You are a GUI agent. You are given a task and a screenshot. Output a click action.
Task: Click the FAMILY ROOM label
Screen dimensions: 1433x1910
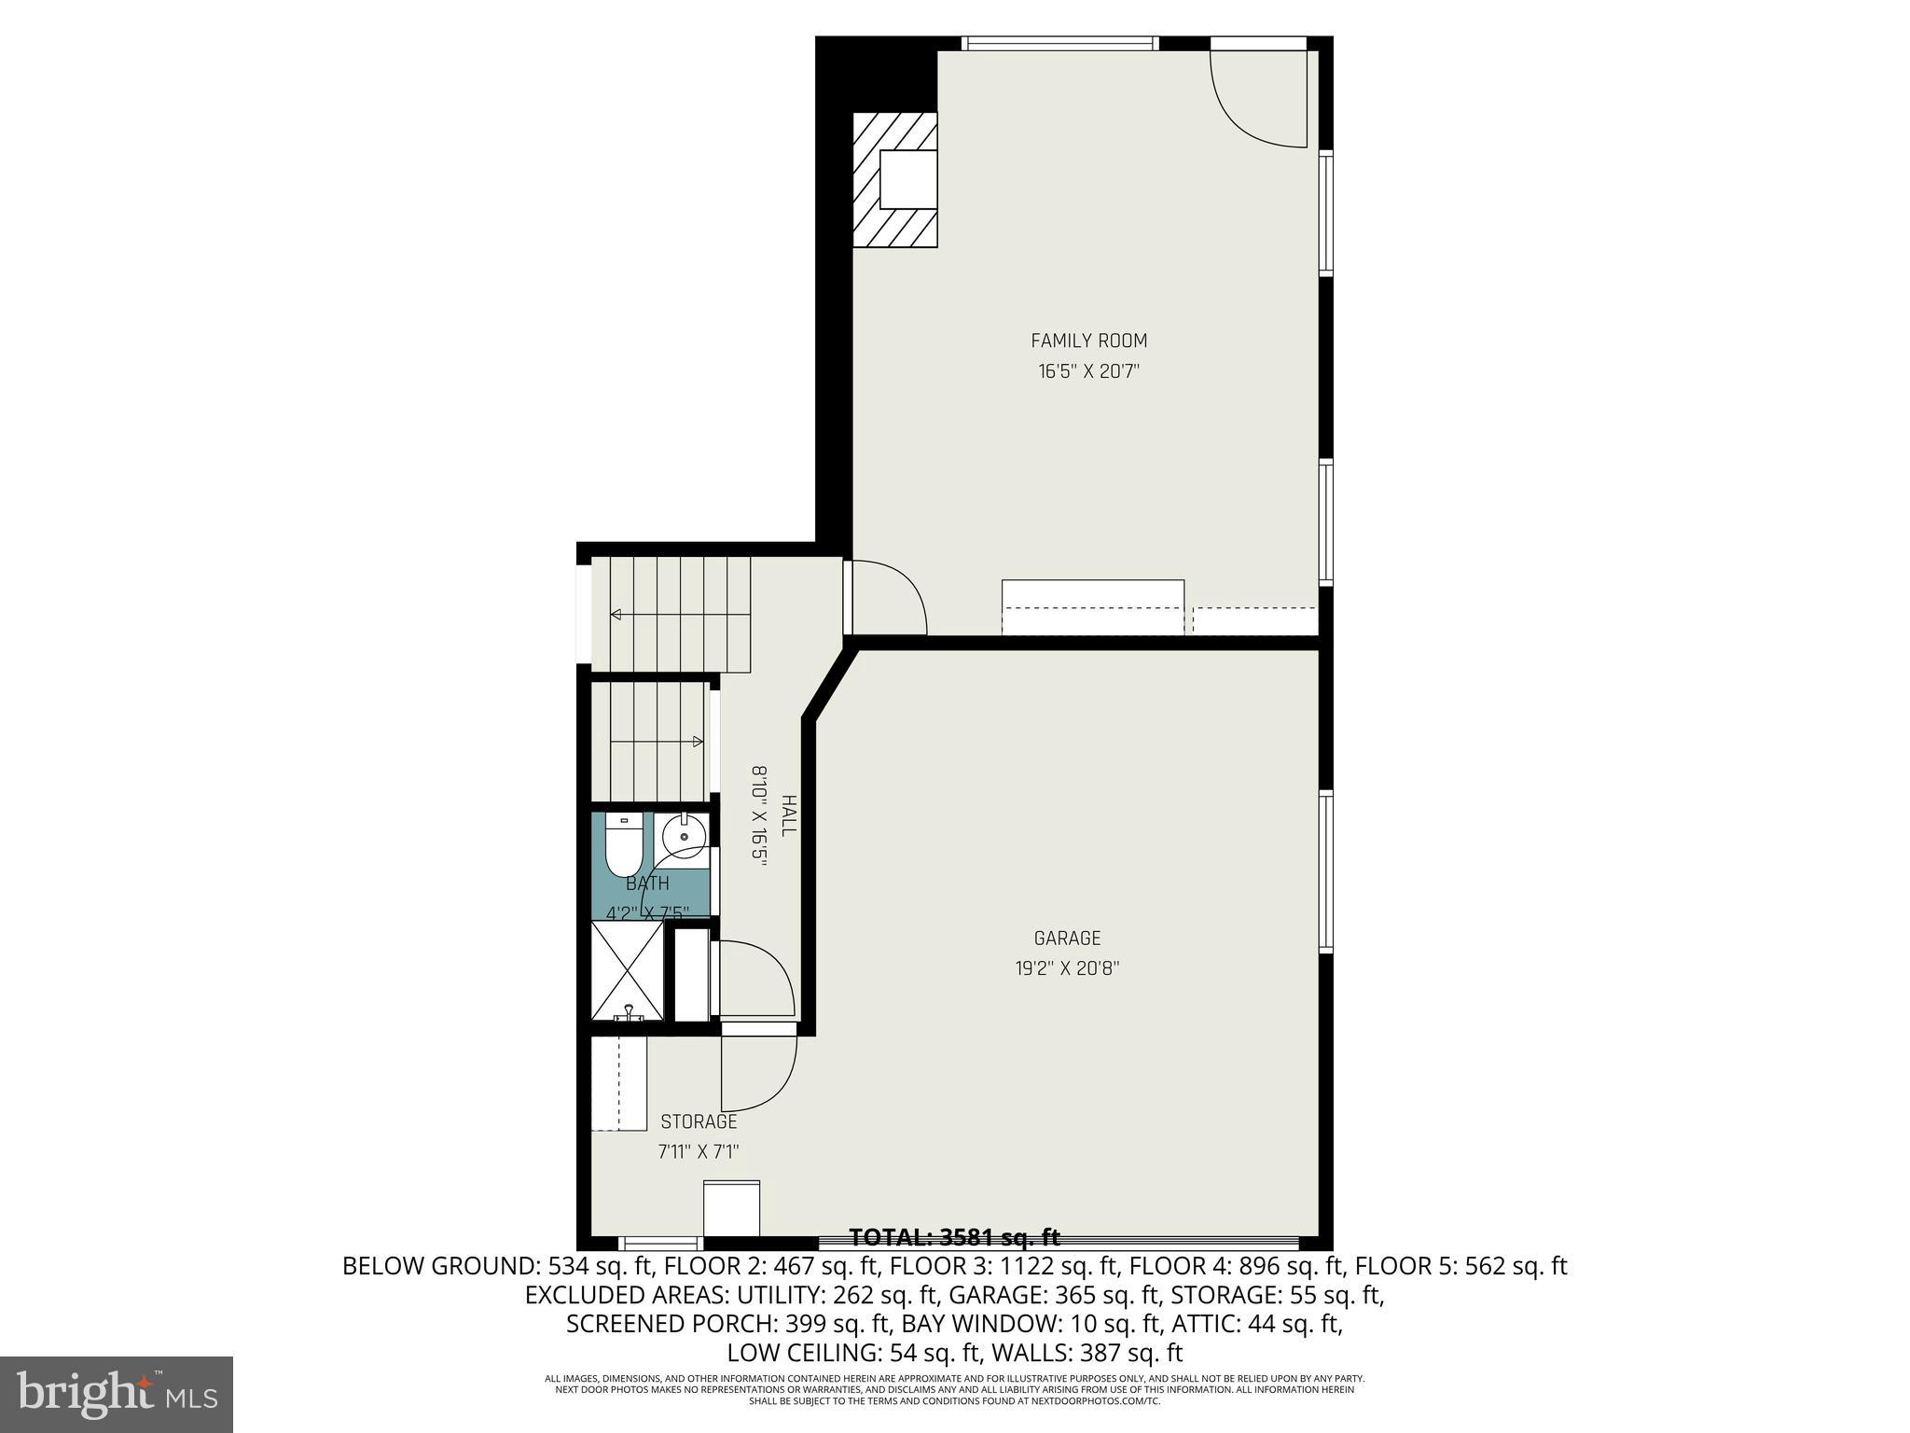(x=1088, y=341)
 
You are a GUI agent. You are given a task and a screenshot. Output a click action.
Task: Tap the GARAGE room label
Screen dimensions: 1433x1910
(x=1067, y=939)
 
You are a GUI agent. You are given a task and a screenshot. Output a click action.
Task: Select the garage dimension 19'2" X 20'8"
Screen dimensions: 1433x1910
(x=1067, y=968)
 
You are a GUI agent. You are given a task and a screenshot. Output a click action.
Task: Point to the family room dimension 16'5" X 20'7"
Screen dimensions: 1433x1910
(x=1088, y=371)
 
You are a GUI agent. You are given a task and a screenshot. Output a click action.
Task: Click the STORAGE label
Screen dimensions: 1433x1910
(x=699, y=1121)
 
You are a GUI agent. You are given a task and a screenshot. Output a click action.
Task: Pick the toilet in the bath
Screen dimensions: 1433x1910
(x=621, y=844)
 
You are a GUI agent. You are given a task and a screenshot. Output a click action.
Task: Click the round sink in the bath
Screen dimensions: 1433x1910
(x=684, y=837)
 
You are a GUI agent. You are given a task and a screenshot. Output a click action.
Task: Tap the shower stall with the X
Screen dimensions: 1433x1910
(x=628, y=970)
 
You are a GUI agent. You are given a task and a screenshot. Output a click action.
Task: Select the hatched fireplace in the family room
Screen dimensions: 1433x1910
(x=894, y=180)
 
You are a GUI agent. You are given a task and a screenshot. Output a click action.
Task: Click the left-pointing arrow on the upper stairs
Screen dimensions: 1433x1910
(x=617, y=614)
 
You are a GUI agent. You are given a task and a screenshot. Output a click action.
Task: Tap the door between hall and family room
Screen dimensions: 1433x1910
(x=886, y=597)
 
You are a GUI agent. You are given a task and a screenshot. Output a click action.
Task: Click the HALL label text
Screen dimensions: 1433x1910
(x=789, y=815)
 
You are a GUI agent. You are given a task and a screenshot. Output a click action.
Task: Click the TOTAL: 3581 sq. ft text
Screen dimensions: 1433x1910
(x=954, y=1237)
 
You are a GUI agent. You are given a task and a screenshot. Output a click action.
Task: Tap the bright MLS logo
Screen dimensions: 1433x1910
(x=117, y=1394)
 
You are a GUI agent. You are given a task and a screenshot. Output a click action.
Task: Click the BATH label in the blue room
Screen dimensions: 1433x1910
(x=647, y=883)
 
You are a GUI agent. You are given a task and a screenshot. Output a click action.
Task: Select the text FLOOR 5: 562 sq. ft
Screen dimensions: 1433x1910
(x=1460, y=1266)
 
